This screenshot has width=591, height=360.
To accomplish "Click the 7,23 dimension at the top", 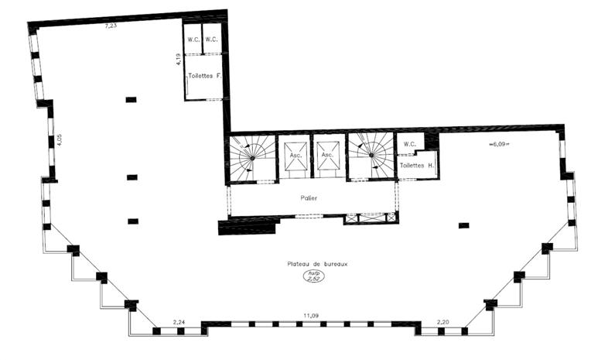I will click(x=111, y=26).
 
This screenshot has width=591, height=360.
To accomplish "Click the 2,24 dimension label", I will click(x=179, y=321).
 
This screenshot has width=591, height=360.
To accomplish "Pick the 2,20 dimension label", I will click(x=443, y=321).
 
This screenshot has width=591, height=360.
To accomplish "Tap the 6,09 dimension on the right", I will click(x=501, y=143).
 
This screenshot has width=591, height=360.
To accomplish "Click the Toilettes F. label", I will click(x=204, y=76).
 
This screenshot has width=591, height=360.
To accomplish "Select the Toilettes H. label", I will click(x=415, y=165).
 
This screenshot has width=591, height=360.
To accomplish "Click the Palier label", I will click(x=309, y=198).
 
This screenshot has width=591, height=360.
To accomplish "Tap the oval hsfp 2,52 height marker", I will click(x=313, y=276).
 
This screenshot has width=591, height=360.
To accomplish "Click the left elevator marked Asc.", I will click(x=295, y=156).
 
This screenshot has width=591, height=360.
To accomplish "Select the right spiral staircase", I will click(x=371, y=156).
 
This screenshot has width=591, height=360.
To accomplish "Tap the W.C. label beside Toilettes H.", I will click(x=410, y=144).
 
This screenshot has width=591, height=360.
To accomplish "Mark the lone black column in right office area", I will click(x=463, y=225).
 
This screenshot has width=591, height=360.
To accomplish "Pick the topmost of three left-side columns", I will click(x=131, y=99).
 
